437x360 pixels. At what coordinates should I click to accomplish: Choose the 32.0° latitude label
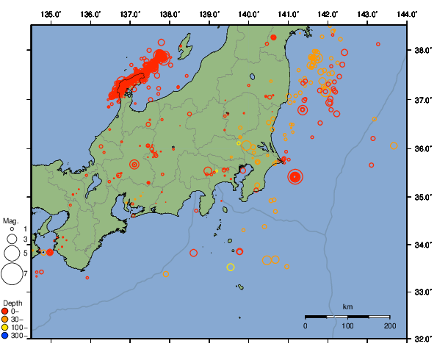422,339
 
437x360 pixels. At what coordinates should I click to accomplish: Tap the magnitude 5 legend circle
12,253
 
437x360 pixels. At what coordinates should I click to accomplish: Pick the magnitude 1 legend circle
12,229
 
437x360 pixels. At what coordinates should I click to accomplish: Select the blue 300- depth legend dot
5,336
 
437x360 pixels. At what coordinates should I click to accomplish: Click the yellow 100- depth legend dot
5,327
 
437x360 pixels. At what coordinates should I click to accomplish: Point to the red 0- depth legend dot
5,311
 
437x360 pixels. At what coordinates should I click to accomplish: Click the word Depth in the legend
12,303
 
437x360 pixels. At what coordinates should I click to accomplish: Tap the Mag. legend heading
10,220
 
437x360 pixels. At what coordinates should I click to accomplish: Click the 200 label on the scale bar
389,325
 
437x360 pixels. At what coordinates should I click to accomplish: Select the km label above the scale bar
347,306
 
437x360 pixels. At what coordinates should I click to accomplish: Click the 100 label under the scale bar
347,325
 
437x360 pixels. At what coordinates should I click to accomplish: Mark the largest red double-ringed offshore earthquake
295,176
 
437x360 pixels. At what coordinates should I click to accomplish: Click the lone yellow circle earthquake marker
231,267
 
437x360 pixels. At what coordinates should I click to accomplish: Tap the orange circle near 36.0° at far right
394,145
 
